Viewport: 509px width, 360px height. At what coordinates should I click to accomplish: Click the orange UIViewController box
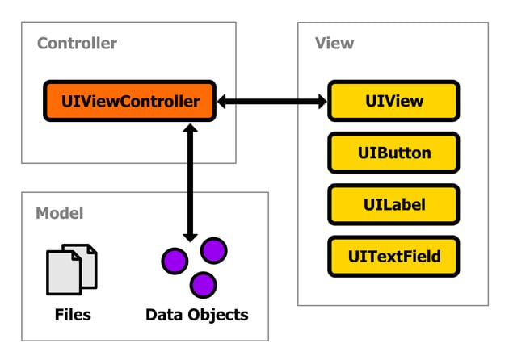click(x=130, y=102)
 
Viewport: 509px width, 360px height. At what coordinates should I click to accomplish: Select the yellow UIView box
click(x=393, y=102)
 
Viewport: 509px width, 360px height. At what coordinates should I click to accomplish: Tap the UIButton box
click(x=393, y=153)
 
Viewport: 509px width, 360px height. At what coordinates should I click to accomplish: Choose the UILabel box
click(x=393, y=204)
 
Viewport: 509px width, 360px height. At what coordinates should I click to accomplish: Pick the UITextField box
click(x=393, y=256)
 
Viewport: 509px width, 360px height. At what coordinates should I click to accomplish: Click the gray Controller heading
click(x=77, y=44)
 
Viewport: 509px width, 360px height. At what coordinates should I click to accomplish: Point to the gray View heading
click(x=334, y=43)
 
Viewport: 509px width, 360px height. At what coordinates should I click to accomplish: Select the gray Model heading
click(x=59, y=213)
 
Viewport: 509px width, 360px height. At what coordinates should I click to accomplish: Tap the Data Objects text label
click(x=196, y=313)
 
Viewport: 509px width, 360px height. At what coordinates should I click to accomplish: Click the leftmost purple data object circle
click(x=175, y=262)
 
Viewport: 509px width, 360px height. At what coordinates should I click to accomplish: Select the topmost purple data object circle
click(x=213, y=250)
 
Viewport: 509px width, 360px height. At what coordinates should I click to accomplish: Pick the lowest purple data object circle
click(x=203, y=284)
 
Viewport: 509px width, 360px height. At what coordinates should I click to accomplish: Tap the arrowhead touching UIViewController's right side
click(x=225, y=102)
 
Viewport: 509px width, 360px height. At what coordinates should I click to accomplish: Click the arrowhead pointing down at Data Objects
click(x=191, y=234)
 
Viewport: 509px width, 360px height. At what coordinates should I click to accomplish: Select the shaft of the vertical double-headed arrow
click(x=191, y=182)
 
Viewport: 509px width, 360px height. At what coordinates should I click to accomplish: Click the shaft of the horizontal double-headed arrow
click(x=271, y=102)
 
